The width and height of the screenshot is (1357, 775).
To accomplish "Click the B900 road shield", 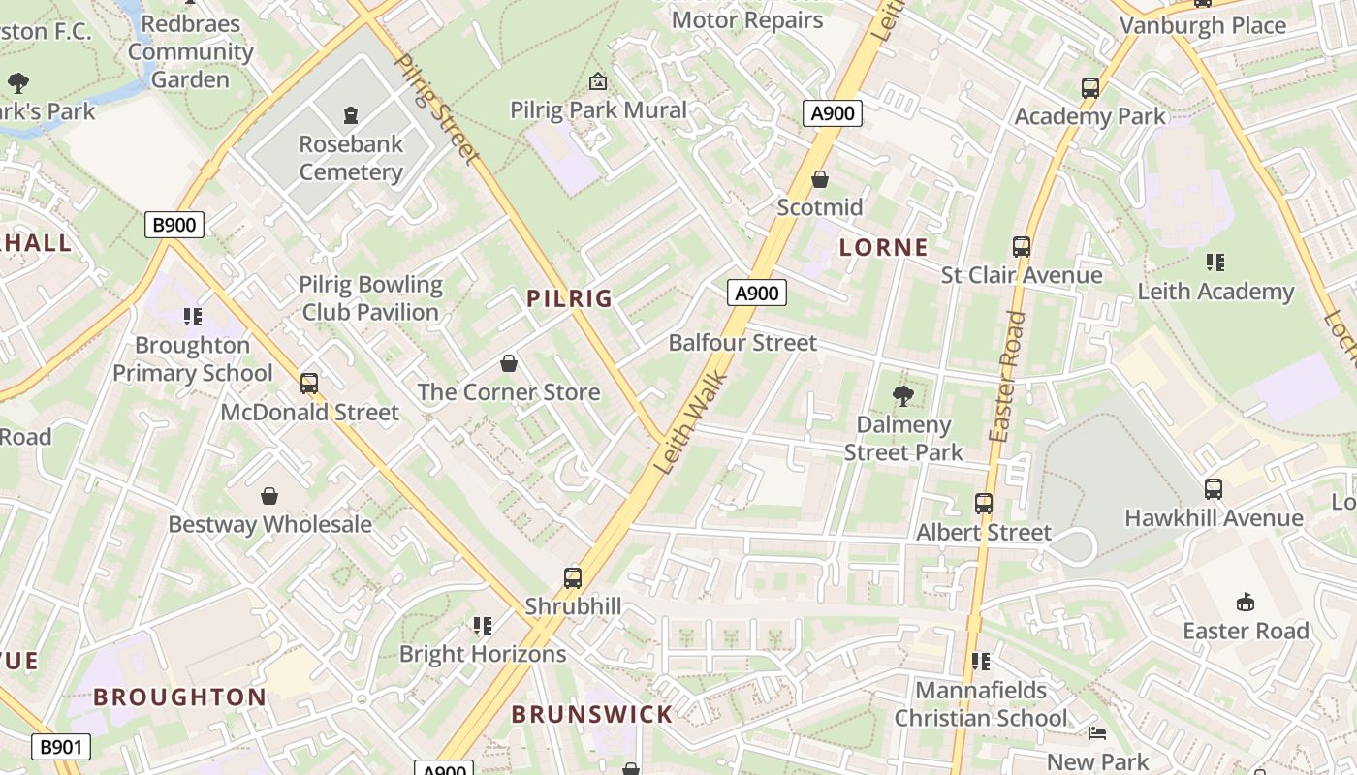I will click(x=174, y=225).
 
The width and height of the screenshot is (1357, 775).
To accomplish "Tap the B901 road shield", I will click(x=60, y=747).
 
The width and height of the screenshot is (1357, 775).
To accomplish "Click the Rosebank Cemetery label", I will click(x=350, y=158).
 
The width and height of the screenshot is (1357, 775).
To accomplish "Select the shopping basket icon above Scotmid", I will click(x=820, y=179).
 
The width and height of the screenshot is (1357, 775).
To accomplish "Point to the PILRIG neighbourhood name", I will click(x=570, y=298).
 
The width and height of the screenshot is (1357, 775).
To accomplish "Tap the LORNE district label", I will click(x=883, y=247).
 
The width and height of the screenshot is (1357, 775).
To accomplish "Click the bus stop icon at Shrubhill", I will click(x=573, y=578).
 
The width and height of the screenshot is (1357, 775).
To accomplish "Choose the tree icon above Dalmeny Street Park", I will click(x=903, y=395).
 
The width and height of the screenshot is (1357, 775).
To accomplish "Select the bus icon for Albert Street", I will click(x=984, y=504).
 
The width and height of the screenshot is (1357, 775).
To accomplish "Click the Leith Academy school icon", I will click(x=1215, y=262).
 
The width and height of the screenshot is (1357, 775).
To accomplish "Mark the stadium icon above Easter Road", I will click(x=1246, y=602).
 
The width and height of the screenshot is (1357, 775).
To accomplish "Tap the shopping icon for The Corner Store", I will click(x=509, y=363).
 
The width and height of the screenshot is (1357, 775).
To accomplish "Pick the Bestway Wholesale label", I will click(x=269, y=524).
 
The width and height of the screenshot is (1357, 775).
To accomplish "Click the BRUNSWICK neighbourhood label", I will click(x=591, y=715).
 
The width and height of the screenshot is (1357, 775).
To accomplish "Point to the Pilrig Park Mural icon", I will click(x=598, y=80).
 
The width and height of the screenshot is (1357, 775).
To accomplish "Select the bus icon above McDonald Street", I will click(x=309, y=384).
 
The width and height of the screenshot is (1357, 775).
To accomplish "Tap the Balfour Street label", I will click(x=742, y=342).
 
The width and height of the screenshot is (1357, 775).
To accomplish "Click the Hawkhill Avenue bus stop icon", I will click(x=1214, y=489).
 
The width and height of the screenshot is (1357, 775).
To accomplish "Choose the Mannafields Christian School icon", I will click(x=981, y=662).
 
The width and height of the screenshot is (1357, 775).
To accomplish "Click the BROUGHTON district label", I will click(x=180, y=697).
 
